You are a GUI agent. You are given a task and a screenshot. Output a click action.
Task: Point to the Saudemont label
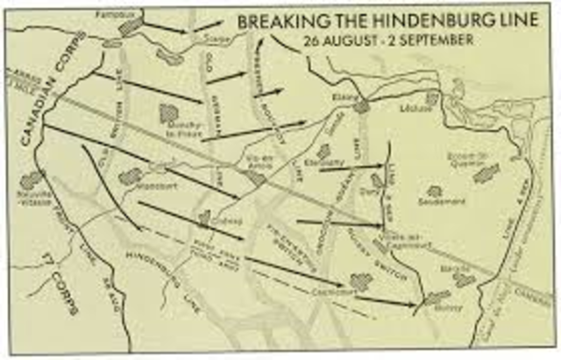coord(436,201)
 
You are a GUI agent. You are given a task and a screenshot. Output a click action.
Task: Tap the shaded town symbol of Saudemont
coord(434,190)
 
